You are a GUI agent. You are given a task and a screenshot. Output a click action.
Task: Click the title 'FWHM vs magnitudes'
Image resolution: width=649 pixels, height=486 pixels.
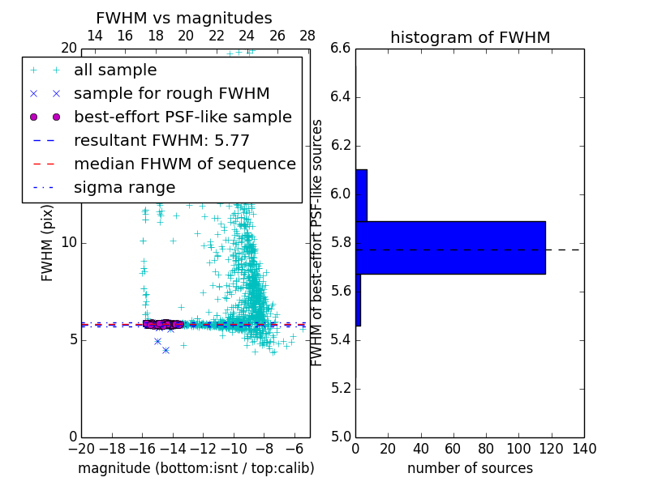pyautogui.click(x=184, y=19)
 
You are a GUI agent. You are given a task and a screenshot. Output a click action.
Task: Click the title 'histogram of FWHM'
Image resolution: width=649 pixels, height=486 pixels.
pyautogui.click(x=470, y=37)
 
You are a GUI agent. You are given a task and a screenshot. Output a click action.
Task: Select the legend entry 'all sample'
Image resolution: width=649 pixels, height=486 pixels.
pyautogui.click(x=115, y=70)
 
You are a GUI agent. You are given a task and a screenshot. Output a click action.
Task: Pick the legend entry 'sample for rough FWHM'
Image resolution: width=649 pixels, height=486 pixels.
pyautogui.click(x=171, y=94)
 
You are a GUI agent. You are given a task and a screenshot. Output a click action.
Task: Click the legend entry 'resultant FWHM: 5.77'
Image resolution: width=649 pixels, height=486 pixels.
pyautogui.click(x=161, y=141)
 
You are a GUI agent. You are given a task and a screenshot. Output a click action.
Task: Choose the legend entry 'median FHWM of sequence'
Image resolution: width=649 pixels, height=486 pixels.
pyautogui.click(x=184, y=164)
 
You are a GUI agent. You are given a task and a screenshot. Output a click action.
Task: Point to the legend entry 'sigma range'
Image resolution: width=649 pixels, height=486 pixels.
pyautogui.click(x=124, y=188)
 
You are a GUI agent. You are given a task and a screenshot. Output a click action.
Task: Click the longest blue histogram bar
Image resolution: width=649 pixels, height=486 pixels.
pyautogui.click(x=450, y=247)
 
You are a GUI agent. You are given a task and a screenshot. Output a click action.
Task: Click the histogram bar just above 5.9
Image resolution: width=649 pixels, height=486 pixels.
pyautogui.click(x=361, y=195)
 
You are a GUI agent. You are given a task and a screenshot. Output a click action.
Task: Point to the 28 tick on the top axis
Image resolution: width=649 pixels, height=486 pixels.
pyautogui.click(x=307, y=36)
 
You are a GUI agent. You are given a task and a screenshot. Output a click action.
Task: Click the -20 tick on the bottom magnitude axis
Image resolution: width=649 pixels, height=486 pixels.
pyautogui.click(x=81, y=448)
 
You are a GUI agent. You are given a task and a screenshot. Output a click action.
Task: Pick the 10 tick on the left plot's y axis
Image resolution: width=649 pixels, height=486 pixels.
pyautogui.click(x=70, y=243)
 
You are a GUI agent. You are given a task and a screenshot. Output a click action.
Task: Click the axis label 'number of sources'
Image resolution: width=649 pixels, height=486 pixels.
pyautogui.click(x=470, y=468)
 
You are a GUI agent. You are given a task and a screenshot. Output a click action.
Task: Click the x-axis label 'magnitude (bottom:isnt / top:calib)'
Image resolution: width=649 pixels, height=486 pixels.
pyautogui.click(x=196, y=468)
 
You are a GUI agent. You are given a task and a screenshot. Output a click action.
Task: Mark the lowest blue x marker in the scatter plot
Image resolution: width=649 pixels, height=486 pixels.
pyautogui.click(x=165, y=350)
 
